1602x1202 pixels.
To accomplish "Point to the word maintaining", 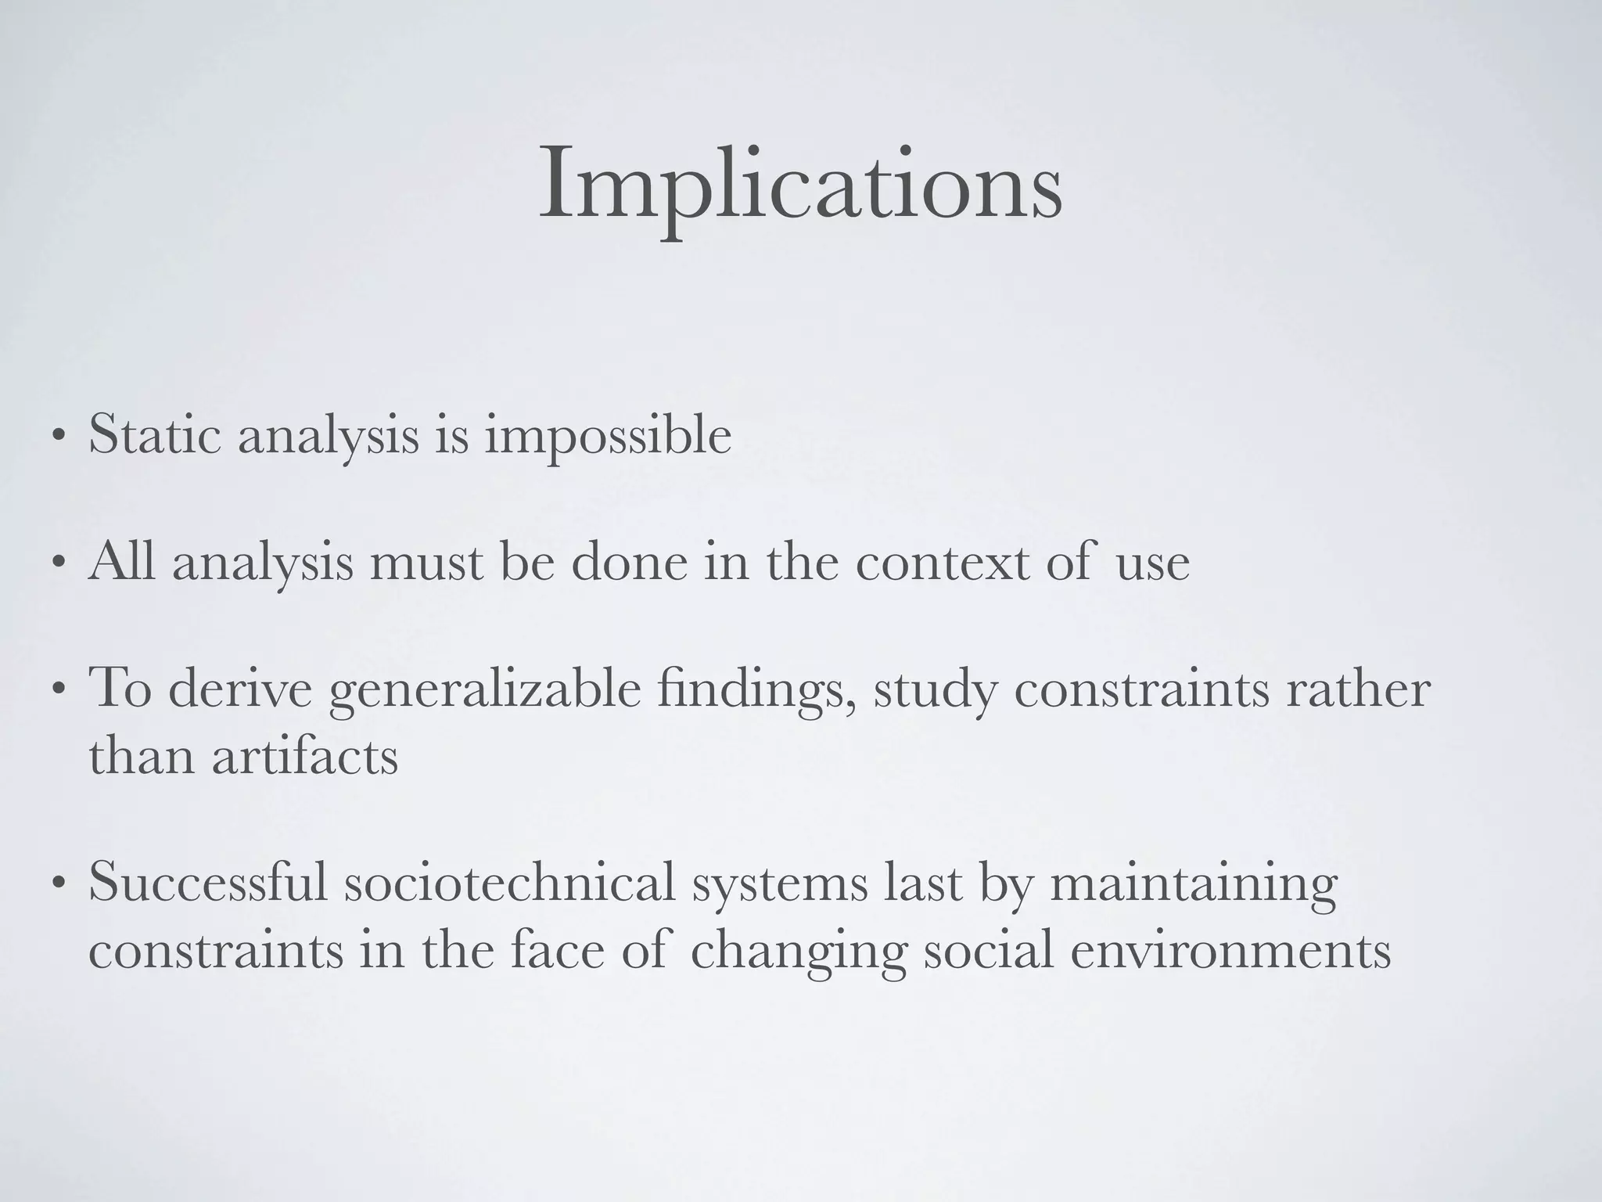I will [1194, 885].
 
